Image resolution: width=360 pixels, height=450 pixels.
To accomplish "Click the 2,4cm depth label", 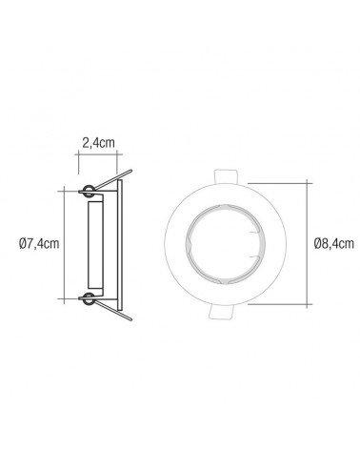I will tap(98, 144).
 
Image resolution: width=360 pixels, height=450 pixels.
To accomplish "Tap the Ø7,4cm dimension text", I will tap(39, 242).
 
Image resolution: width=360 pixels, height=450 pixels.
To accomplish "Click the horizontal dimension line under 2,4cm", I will tap(98, 159).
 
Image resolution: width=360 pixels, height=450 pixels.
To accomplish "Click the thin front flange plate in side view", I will tap(117, 243).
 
